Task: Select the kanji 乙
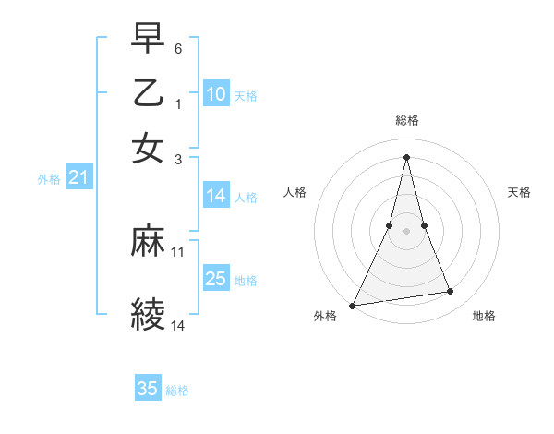(149, 93)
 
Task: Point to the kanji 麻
(149, 241)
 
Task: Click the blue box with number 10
(215, 94)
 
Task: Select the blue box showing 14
(215, 196)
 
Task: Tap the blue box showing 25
(215, 279)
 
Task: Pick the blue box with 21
(78, 177)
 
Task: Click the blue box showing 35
(147, 389)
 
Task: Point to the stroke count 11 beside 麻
(178, 251)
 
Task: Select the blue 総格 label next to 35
(177, 391)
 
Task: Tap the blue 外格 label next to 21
(49, 179)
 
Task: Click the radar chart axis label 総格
(407, 120)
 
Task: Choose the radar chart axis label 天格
(520, 192)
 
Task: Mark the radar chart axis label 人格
(295, 192)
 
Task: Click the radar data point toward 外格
(353, 305)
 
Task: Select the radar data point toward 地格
(451, 292)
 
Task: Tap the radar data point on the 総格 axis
(407, 156)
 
